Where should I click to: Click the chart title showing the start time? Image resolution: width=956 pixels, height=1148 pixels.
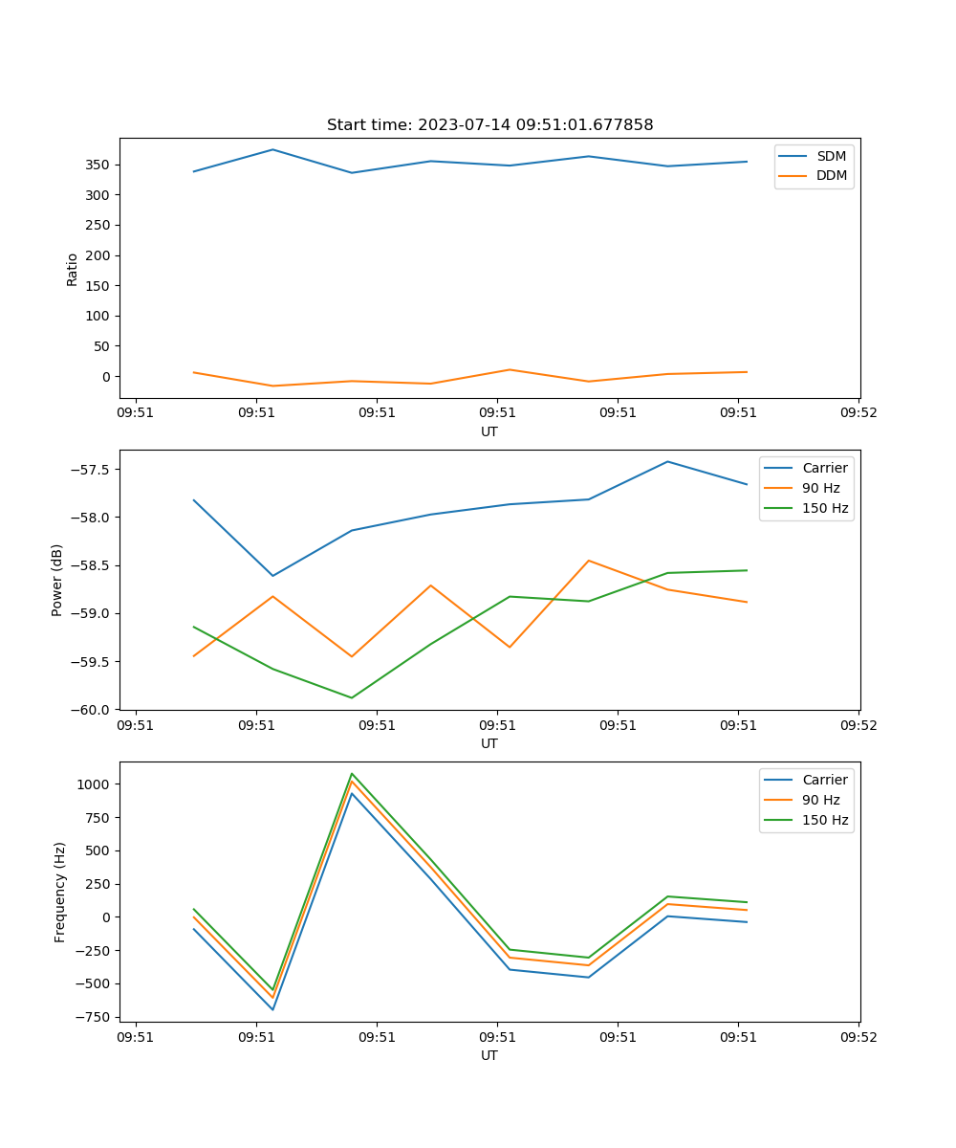point(489,125)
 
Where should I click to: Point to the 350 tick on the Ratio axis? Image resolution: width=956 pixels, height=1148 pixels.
point(100,165)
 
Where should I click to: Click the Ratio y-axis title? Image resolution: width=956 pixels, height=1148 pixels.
point(72,269)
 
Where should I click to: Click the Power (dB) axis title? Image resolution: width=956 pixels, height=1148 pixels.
point(57,580)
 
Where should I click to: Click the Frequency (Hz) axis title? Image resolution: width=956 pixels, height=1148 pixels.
point(59,892)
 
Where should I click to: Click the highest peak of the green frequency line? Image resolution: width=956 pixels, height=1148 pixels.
point(352,773)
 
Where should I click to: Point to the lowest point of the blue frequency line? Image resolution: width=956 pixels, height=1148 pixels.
point(272,1009)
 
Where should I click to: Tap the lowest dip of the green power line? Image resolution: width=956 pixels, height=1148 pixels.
point(352,697)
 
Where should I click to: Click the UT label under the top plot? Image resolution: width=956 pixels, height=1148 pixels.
point(489,431)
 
